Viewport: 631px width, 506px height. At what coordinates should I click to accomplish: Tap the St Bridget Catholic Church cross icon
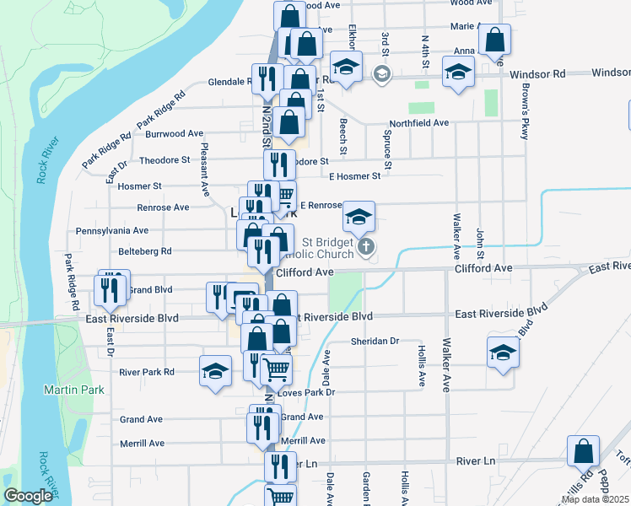(x=365, y=247)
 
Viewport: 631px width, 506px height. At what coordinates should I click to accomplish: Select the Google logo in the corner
(x=29, y=496)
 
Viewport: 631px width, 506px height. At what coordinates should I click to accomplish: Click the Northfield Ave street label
(x=418, y=122)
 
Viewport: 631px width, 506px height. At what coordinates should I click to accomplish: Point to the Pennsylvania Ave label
(x=112, y=230)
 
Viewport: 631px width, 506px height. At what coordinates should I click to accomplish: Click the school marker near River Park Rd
(x=215, y=371)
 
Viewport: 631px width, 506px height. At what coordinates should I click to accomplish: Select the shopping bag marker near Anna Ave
(x=494, y=40)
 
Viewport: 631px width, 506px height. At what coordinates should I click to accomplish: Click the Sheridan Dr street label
(x=375, y=342)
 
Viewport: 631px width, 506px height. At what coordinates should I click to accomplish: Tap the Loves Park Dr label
(x=305, y=393)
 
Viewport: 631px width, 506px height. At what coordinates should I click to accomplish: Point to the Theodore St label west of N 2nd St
(x=164, y=160)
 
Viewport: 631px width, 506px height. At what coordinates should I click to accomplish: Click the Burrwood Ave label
(x=174, y=133)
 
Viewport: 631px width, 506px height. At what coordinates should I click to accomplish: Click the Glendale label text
(x=228, y=83)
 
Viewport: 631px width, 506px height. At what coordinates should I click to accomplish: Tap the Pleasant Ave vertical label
(x=204, y=169)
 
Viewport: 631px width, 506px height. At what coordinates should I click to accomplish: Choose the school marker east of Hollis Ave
(x=503, y=353)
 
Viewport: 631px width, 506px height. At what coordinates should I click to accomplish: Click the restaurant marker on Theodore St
(x=279, y=164)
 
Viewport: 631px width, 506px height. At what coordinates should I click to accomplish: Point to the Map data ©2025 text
(x=595, y=499)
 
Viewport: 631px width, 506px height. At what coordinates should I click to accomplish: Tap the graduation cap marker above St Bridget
(x=359, y=218)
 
